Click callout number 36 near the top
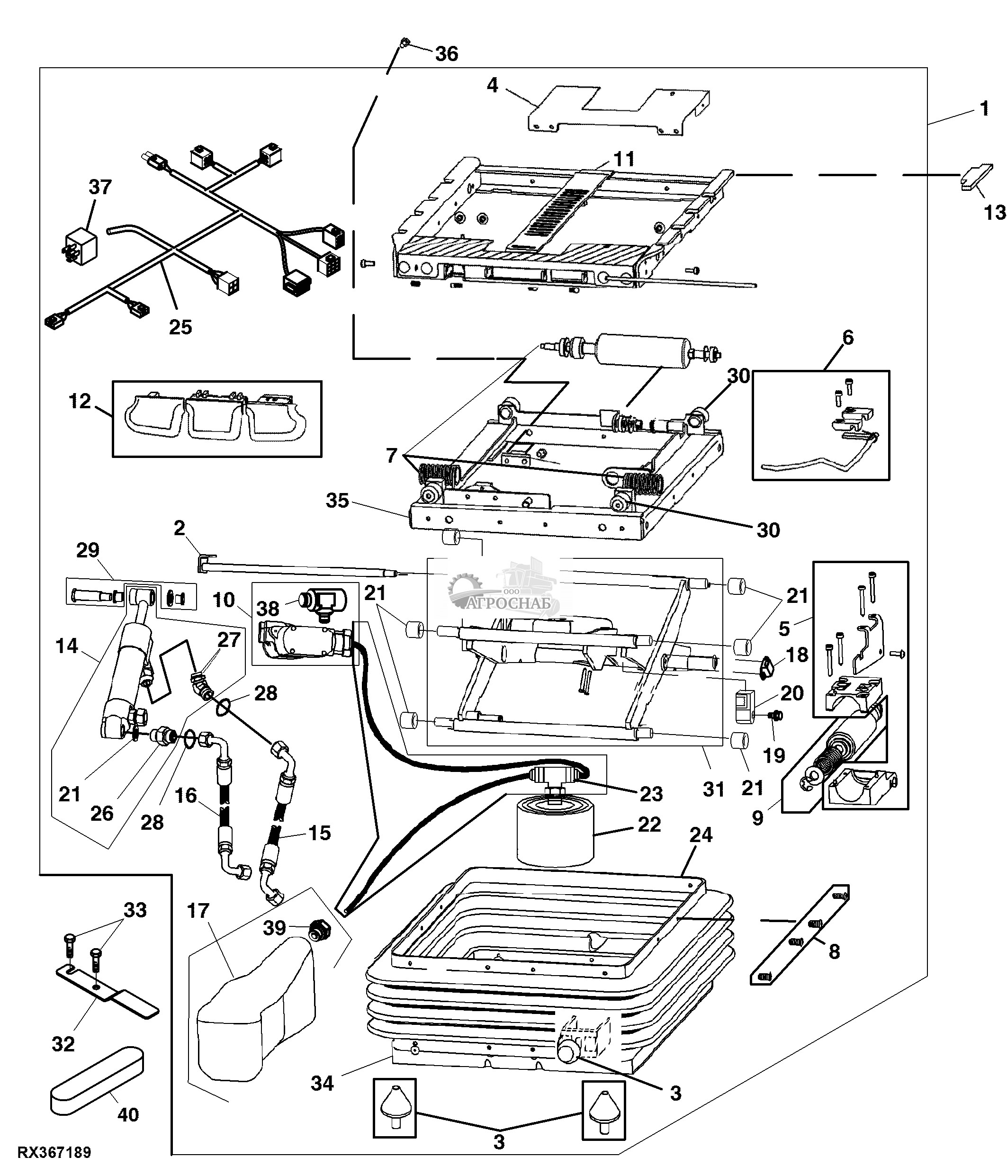click(x=446, y=54)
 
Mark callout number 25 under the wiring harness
click(x=180, y=327)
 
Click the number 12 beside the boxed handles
click(x=80, y=402)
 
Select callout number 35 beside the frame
click(x=337, y=501)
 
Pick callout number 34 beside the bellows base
click(x=322, y=1084)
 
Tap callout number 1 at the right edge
click(x=984, y=108)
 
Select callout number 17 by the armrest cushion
click(x=198, y=911)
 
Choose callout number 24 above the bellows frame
click(x=701, y=835)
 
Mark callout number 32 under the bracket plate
click(x=63, y=1044)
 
